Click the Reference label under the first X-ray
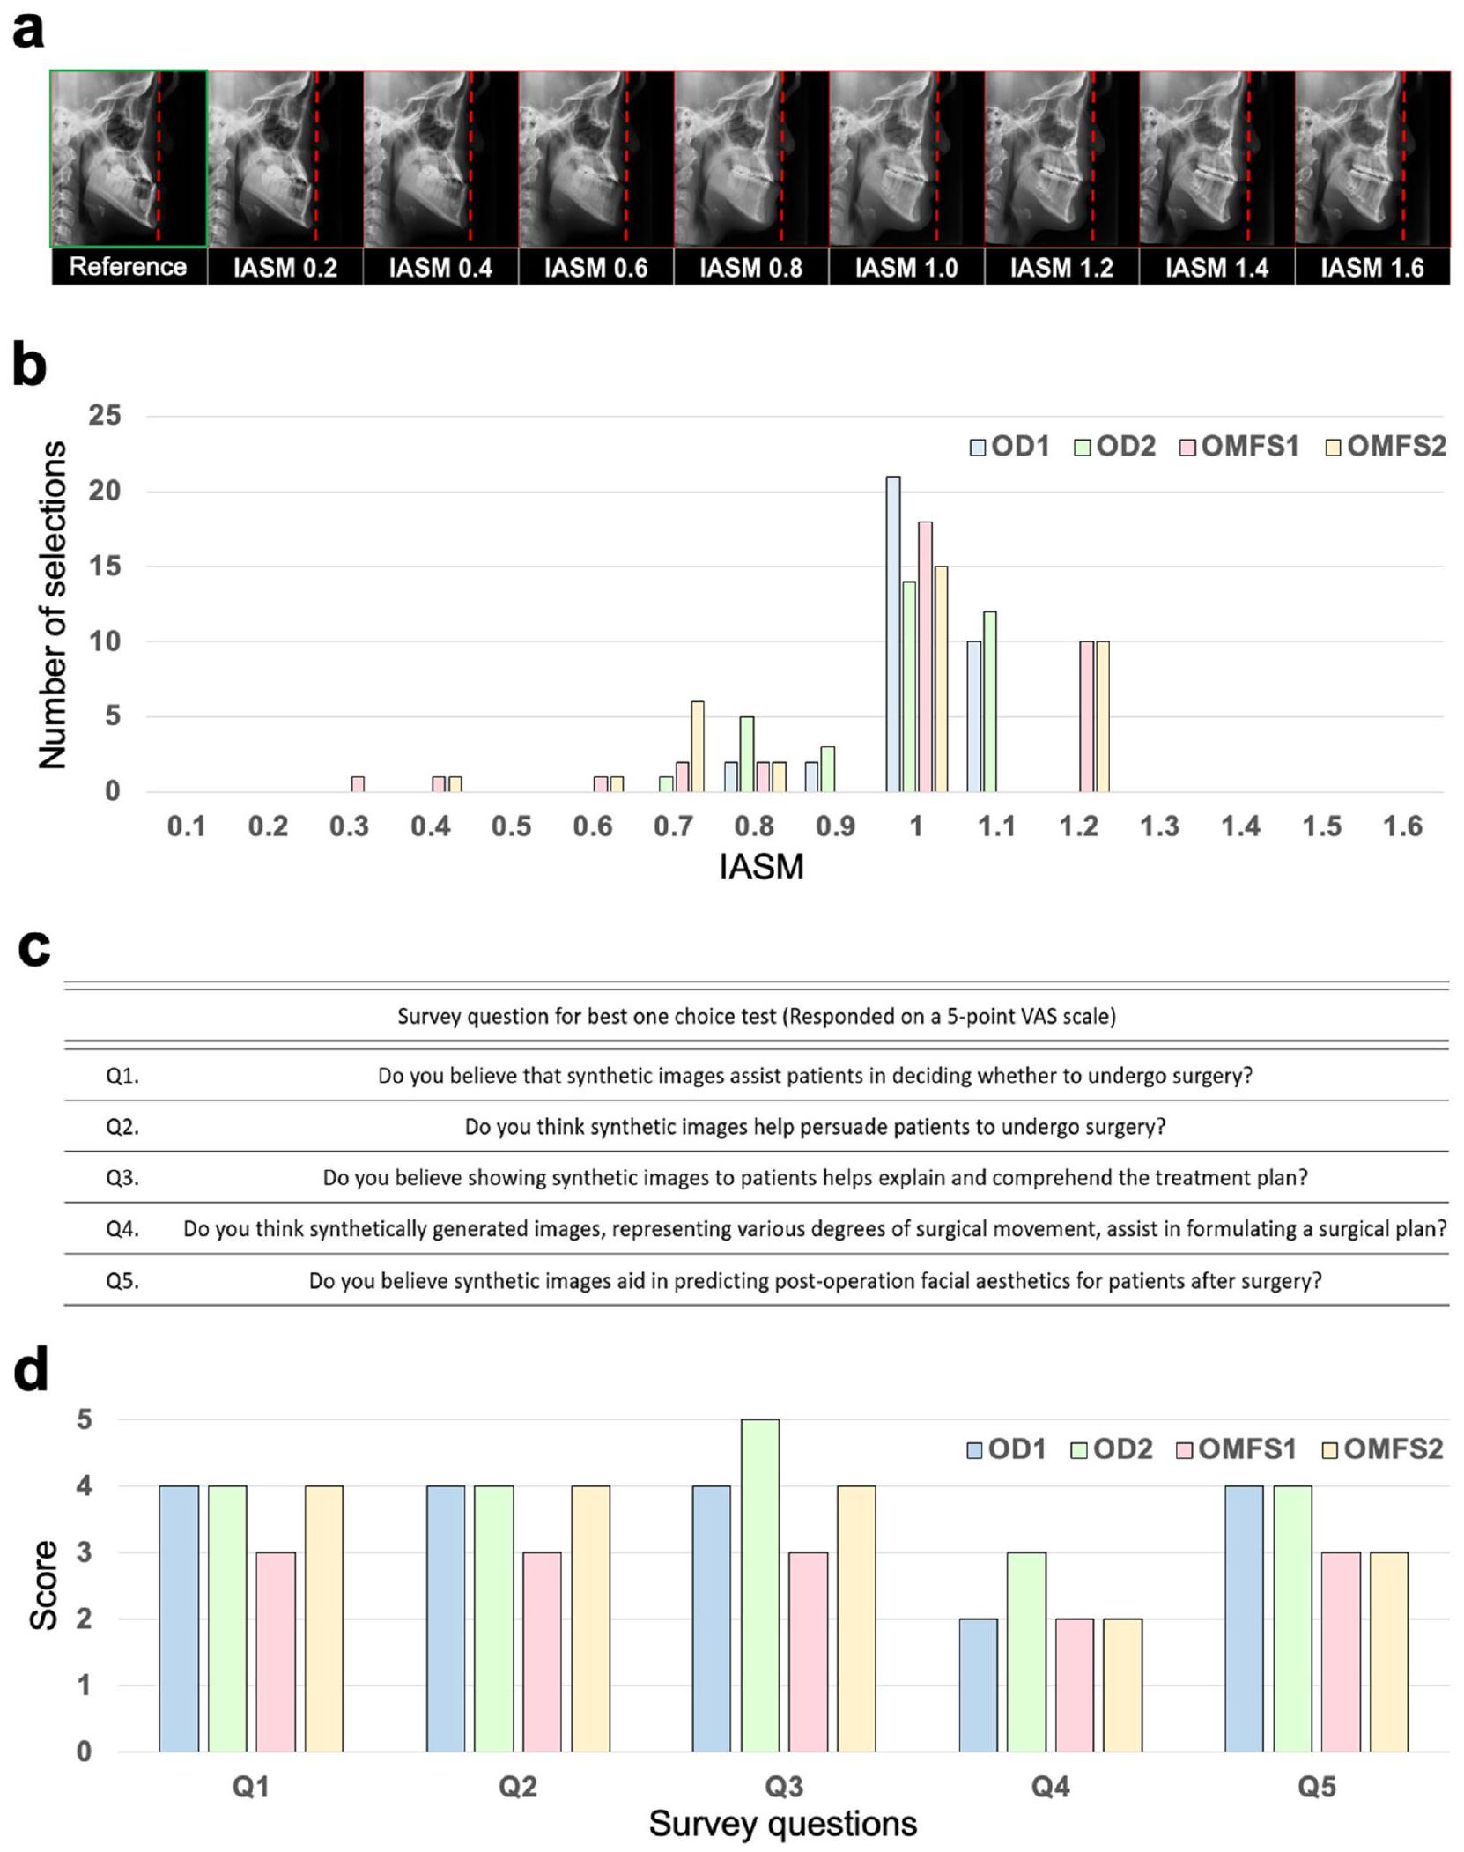point(128,267)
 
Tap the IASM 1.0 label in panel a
point(906,268)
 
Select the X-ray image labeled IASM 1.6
point(1372,159)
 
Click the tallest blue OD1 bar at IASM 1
point(893,633)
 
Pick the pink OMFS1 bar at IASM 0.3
point(358,783)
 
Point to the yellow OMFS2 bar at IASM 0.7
point(698,746)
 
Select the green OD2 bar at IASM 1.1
point(990,701)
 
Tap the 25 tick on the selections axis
point(105,415)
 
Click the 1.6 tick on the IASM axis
point(1402,826)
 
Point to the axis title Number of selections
point(53,604)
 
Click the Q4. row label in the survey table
point(122,1228)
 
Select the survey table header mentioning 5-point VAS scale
point(756,1017)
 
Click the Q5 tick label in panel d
point(1316,1787)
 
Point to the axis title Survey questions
point(782,1823)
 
